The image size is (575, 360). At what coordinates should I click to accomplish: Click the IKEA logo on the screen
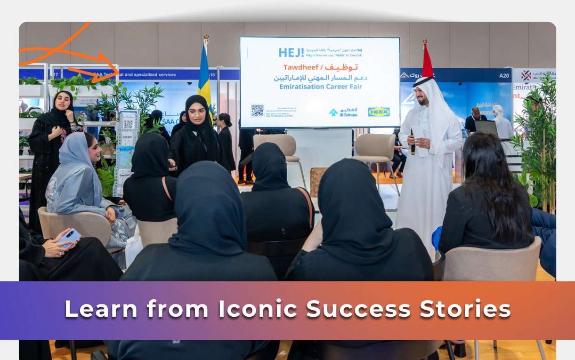point(379,112)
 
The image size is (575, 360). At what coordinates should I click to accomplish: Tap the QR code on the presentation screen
point(257,111)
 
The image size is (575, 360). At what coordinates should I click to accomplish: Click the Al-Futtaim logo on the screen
point(343,112)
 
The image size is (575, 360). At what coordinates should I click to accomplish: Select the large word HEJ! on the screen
point(291,53)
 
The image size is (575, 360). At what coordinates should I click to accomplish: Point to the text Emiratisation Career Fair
point(320,87)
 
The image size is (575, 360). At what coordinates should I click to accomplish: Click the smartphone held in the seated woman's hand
point(69,237)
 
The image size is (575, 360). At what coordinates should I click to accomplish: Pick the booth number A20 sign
point(504,75)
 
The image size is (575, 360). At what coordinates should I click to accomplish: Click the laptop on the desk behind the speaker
point(486,128)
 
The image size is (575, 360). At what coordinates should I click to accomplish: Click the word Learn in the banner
point(102,309)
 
